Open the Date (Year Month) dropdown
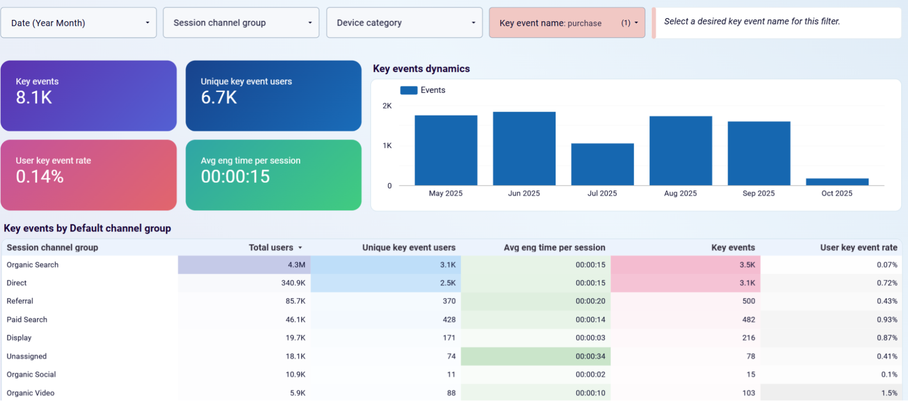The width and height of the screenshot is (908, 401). pos(79,23)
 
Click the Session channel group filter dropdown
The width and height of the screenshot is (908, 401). pos(241,23)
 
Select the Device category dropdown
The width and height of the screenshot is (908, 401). pos(404,23)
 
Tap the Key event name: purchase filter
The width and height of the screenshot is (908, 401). pos(567,23)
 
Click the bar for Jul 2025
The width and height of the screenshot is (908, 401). pos(602,164)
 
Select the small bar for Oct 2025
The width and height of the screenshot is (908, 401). pos(837,182)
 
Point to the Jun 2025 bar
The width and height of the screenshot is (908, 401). pos(524,148)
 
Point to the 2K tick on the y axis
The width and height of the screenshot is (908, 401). pos(387,106)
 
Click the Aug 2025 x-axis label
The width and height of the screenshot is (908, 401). pos(680,193)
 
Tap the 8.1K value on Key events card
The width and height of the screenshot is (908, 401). pos(34,98)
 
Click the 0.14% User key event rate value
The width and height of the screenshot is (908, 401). pos(40,176)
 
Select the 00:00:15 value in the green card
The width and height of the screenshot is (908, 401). pos(235,176)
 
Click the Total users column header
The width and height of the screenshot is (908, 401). pos(271,248)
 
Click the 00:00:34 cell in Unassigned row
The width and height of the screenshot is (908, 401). pos(590,357)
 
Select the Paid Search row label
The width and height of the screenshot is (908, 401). pos(27,320)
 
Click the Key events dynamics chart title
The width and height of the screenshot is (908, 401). pos(421,68)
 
